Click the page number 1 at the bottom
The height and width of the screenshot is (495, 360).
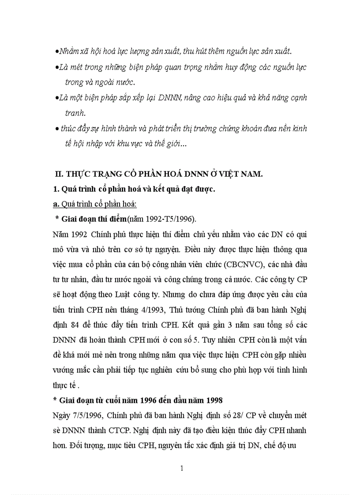click(181, 468)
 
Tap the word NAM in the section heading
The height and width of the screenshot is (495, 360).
click(252, 174)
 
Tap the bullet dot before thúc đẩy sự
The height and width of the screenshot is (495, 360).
click(57, 129)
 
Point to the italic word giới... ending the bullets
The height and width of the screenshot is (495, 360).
click(174, 144)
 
